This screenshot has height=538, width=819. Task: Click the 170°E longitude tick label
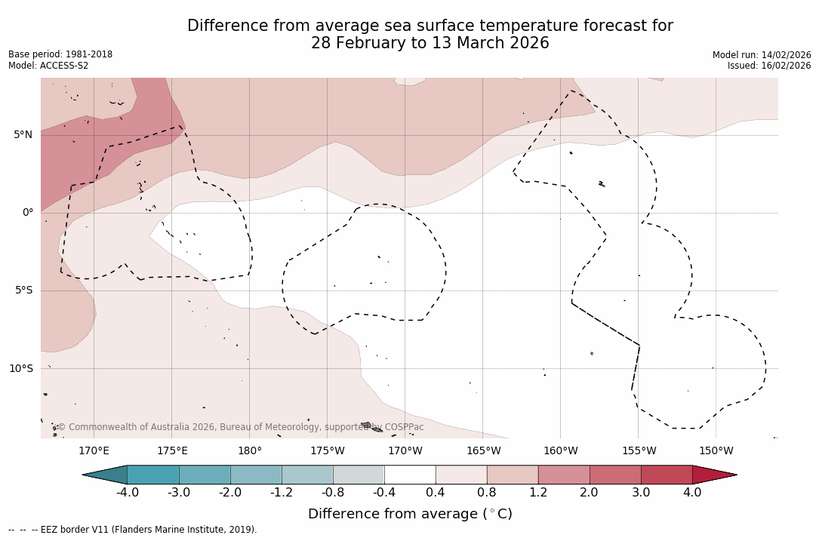coord(94,451)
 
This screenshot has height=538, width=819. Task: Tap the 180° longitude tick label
coord(250,451)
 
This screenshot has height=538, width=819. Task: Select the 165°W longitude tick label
coord(483,451)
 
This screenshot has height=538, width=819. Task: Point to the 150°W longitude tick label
coord(716,451)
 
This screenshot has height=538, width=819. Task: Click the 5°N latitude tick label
coord(23,135)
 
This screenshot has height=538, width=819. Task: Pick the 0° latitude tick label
coord(28,213)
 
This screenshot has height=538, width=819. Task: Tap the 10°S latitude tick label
coord(20,369)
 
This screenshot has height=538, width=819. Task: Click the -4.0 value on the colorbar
coord(128,493)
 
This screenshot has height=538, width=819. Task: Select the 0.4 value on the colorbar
coord(436,493)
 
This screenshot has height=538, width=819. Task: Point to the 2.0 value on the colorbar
coord(590,493)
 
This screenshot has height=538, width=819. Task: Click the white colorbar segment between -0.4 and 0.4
coord(410,475)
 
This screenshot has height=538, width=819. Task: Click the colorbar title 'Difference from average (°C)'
coord(410,514)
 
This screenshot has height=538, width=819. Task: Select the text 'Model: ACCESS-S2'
coord(48,66)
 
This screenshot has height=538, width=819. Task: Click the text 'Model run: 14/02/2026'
coord(762,55)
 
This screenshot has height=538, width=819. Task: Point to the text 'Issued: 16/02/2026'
coord(769,66)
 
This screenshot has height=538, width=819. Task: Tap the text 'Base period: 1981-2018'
coord(60,54)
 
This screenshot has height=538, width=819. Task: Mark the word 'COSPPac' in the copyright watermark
coord(404,427)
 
